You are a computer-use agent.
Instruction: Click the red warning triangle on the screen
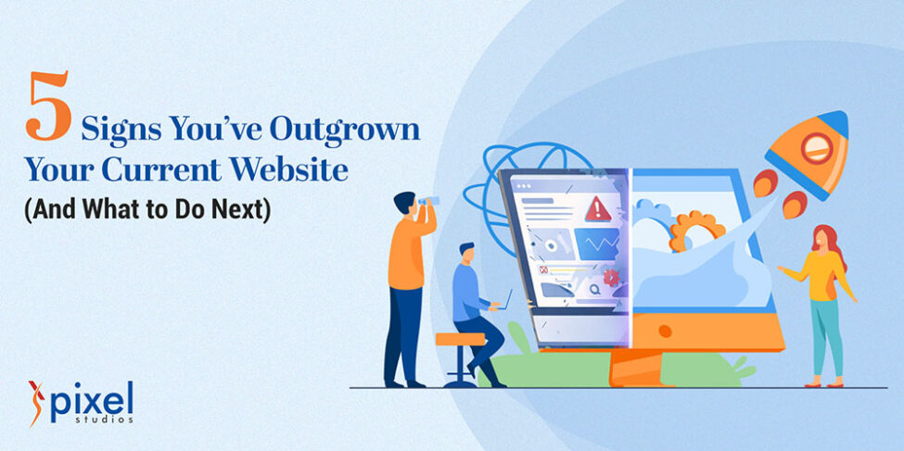coord(598,208)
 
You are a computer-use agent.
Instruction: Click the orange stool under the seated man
coord(461,340)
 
